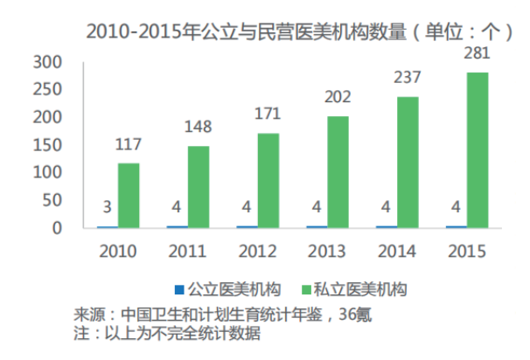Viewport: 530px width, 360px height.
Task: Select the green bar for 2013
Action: coord(338,172)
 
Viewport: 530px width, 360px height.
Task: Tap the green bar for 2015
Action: coord(478,150)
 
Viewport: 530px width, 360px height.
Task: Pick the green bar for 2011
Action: coord(199,187)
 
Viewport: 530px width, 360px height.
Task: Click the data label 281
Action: coord(477,55)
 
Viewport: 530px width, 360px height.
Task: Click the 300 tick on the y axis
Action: coord(46,62)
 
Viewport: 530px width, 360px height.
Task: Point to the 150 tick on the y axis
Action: coord(46,145)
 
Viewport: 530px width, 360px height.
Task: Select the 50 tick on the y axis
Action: coord(52,200)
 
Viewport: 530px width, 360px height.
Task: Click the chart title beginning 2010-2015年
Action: coord(298,32)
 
